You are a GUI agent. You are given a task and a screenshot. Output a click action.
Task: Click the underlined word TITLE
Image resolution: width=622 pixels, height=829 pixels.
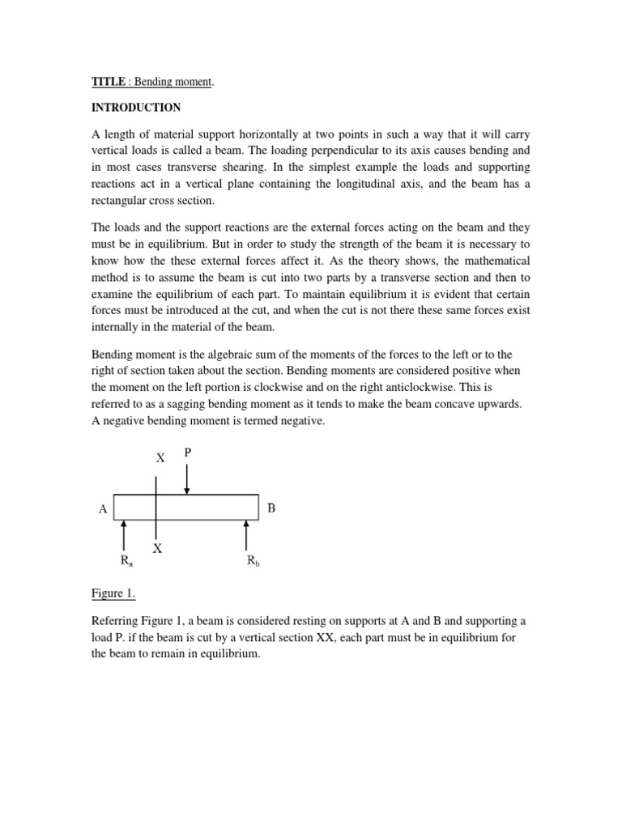tap(108, 82)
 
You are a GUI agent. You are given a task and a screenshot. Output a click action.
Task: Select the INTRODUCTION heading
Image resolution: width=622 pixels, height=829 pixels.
tap(135, 108)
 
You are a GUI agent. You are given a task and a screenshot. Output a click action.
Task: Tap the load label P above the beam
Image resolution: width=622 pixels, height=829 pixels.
tap(187, 453)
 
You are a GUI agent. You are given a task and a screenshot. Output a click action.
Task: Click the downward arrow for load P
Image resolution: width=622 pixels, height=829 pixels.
tap(187, 479)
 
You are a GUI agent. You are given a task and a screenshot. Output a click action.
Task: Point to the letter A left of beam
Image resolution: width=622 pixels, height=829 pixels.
tap(103, 509)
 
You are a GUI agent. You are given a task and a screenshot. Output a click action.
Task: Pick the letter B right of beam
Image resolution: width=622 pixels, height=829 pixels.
tap(271, 508)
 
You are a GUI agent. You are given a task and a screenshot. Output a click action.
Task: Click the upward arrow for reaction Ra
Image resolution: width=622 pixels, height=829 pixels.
tap(123, 536)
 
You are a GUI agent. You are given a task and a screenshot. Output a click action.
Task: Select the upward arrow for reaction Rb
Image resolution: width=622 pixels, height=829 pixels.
tap(246, 536)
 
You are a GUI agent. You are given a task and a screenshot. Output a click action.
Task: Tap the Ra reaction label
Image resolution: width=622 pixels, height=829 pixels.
tap(126, 560)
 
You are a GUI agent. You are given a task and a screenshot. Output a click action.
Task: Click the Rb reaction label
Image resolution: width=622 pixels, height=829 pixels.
tap(253, 560)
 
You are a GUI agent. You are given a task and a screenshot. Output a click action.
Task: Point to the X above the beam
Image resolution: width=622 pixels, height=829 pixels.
tap(160, 458)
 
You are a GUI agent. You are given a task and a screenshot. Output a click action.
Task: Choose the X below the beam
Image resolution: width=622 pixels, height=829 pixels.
tap(158, 548)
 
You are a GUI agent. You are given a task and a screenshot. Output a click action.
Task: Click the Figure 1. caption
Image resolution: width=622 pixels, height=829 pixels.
tap(113, 593)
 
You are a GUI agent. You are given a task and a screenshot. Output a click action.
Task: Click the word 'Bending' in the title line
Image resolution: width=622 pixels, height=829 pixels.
tap(155, 82)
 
